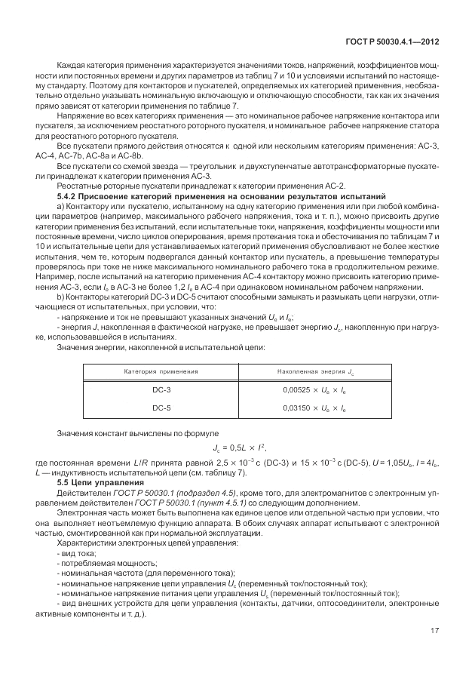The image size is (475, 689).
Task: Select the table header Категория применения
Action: (161, 372)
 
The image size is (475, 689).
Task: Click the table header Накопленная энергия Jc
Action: (314, 372)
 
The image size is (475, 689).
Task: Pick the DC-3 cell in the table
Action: (161, 391)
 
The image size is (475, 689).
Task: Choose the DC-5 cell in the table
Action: (161, 408)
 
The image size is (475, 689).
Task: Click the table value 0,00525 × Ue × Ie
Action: (314, 391)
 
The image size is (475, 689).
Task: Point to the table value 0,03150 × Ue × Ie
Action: (314, 408)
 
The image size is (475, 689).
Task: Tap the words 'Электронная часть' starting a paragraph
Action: (89, 512)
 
